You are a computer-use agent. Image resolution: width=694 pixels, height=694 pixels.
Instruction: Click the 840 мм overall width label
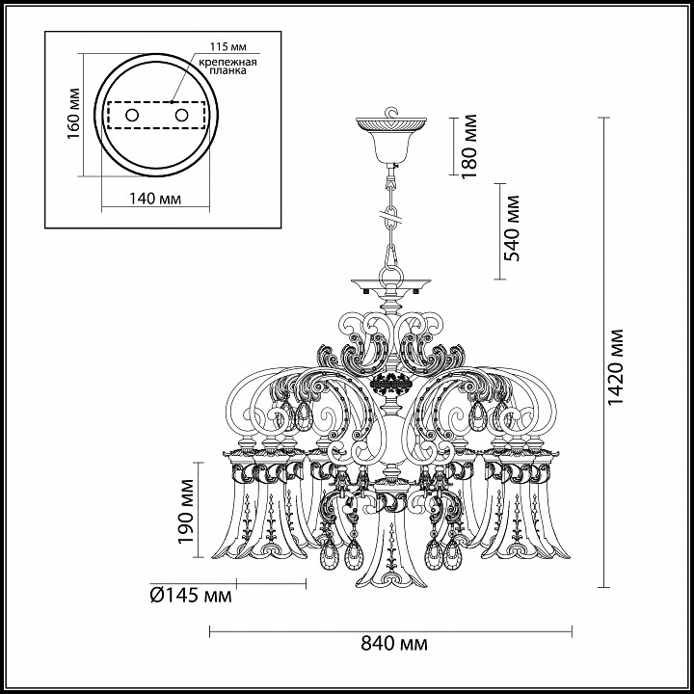point(394,643)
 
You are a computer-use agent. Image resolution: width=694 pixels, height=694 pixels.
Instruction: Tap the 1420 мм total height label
point(615,367)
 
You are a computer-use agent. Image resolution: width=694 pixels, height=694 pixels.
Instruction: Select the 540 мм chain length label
point(511,228)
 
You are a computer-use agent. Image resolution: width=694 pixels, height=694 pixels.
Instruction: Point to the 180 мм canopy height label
point(468,147)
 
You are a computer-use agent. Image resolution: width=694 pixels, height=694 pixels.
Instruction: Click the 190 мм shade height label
point(185,511)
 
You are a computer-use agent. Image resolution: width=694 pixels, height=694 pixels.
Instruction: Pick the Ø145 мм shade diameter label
point(191,596)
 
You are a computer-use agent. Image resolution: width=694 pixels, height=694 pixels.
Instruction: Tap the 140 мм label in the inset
point(155,199)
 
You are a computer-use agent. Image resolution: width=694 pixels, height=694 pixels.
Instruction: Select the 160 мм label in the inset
point(73,114)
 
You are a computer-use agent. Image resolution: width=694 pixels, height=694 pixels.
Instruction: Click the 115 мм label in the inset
point(227,46)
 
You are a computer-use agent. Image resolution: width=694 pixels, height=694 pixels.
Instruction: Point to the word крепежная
point(227,62)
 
